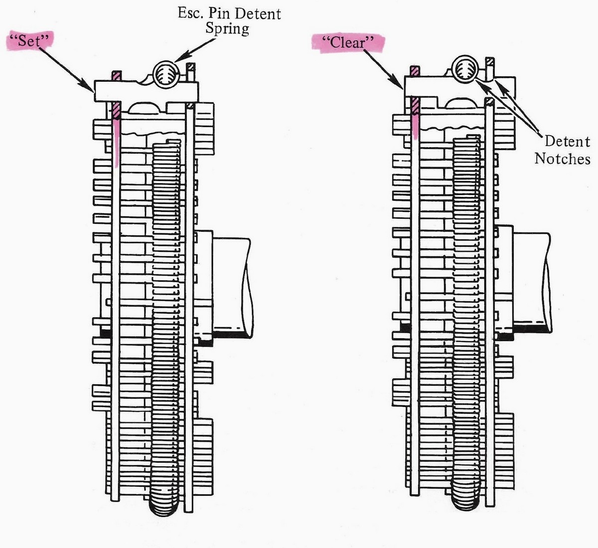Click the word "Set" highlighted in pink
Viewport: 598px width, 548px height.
click(29, 40)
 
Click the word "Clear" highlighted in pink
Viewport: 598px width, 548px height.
click(348, 43)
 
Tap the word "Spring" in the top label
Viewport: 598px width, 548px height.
click(227, 29)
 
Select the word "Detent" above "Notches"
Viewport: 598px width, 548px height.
click(567, 142)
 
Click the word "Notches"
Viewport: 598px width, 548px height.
click(562, 159)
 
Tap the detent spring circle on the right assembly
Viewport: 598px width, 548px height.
click(465, 69)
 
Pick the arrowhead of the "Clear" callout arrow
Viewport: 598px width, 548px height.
click(398, 83)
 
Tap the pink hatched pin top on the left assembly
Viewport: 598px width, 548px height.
click(116, 76)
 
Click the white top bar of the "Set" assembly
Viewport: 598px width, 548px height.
click(146, 91)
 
